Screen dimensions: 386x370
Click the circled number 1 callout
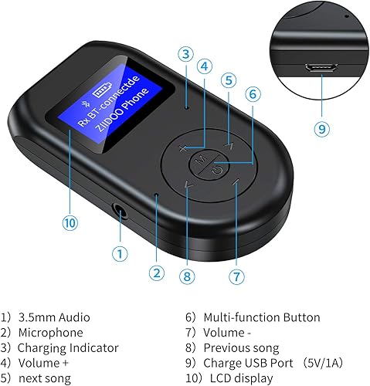118,253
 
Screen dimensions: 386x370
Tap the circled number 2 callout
158,272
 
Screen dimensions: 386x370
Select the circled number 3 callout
184,53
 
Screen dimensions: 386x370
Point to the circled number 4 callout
204,66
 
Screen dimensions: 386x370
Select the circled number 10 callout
70,223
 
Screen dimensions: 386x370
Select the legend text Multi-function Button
261,317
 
